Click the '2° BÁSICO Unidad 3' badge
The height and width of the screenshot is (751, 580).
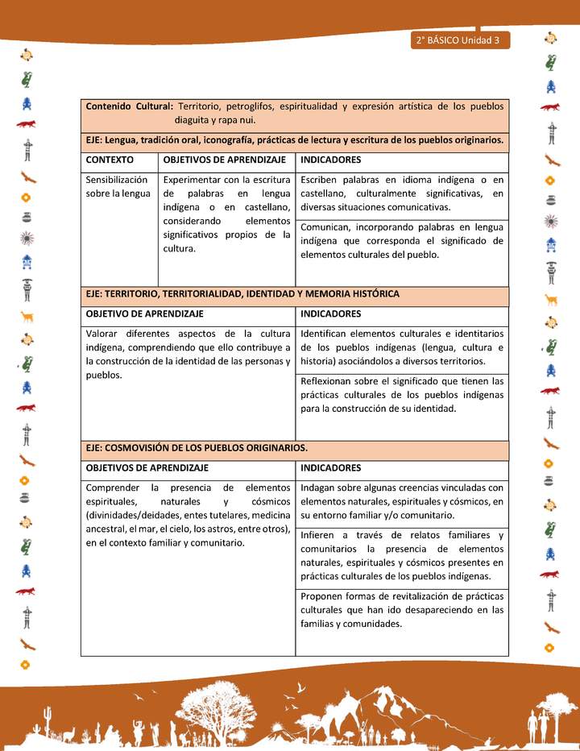coord(459,40)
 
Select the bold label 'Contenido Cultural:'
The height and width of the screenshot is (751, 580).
coord(129,106)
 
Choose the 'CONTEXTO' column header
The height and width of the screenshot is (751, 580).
coord(110,160)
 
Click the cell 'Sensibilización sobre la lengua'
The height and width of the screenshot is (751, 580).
coord(118,186)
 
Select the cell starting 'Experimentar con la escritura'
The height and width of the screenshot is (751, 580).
coord(226,214)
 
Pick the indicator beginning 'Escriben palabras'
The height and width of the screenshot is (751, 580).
coord(401,193)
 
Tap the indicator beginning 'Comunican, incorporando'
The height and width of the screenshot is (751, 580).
coord(401,240)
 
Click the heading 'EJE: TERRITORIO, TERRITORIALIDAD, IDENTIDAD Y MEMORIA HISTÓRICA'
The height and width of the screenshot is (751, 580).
coord(242,294)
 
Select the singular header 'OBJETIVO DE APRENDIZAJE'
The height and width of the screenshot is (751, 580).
coord(144,313)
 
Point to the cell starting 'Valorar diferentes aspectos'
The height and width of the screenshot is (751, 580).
coord(188,354)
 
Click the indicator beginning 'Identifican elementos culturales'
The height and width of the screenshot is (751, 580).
coord(401,346)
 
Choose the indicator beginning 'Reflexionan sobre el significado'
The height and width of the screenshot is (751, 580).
coord(401,394)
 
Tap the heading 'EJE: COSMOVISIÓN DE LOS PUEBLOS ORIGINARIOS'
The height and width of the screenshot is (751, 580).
coord(197,447)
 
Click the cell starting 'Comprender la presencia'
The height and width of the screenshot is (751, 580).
coord(188,515)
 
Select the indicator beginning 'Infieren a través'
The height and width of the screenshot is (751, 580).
coord(401,555)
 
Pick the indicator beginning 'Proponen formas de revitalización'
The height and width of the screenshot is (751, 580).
coord(401,610)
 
